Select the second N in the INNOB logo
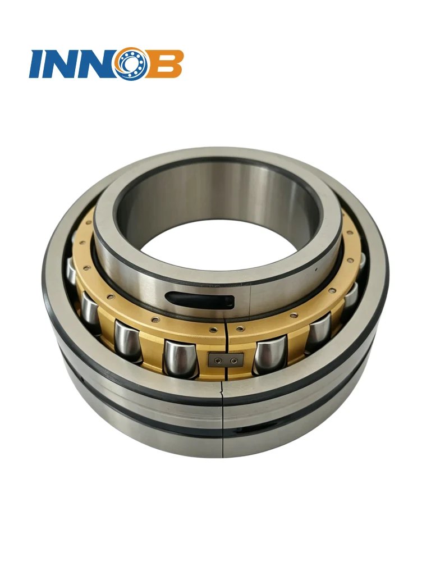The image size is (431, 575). coord(98,63)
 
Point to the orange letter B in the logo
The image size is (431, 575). coord(165,63)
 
